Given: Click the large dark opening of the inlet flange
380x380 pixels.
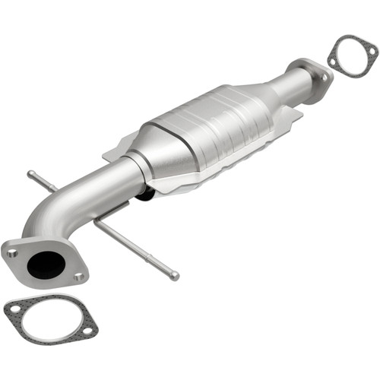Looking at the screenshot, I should coord(45,264).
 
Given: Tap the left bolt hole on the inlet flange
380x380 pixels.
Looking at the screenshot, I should coord(13,253).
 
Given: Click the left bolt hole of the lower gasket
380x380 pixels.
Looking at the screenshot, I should coord(14,307).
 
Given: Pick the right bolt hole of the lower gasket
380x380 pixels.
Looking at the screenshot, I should coord(87,331).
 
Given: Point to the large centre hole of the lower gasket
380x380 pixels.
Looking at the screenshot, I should coord(50,319).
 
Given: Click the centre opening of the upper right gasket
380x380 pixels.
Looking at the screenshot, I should coord(353,59).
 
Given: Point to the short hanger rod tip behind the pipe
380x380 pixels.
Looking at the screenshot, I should coord(30,175).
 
